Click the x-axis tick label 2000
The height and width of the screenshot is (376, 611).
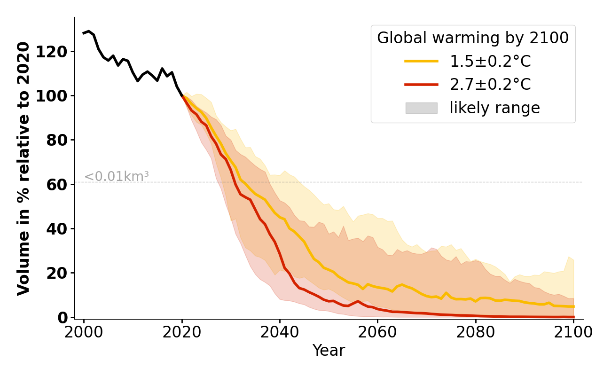(84, 332)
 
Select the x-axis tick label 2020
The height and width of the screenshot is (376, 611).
(182, 332)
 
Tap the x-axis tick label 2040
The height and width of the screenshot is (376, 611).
(280, 332)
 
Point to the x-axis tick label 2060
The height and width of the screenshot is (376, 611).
(377, 332)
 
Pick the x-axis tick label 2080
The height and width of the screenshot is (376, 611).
(475, 332)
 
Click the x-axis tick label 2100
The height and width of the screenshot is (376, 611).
(573, 332)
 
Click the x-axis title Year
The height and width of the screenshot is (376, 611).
(329, 351)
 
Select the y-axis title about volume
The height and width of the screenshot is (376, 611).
(24, 168)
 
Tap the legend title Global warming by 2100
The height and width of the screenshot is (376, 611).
(473, 38)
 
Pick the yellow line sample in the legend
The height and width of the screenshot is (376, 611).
(421, 61)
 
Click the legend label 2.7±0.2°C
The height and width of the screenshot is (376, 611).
(490, 85)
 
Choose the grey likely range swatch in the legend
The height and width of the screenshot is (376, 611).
(421, 108)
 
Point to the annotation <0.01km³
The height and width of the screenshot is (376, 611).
(117, 177)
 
